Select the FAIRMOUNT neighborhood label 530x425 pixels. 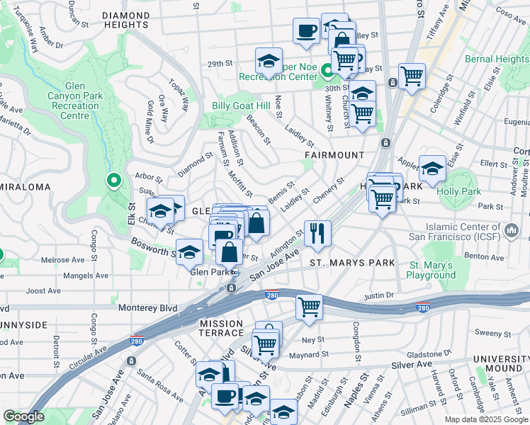point(334,154)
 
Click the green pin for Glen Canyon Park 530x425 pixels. point(112,181)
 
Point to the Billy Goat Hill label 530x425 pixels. point(242,106)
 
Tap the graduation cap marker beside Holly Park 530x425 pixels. point(432,169)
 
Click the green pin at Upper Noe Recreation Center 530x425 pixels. point(327,71)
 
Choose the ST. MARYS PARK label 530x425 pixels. point(352,263)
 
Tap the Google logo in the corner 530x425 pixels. point(23,416)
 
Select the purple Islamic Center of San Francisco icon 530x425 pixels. point(511,229)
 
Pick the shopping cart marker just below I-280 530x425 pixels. point(309,307)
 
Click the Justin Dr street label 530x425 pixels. point(379,295)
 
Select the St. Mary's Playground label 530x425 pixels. point(430,269)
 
